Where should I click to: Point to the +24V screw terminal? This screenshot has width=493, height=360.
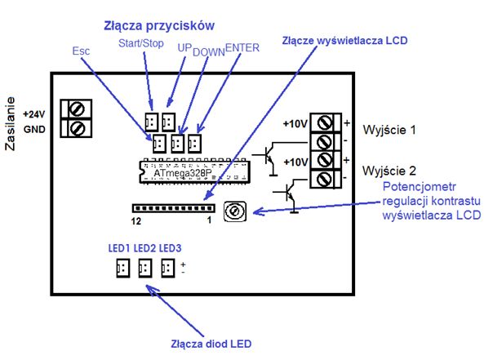click(79, 110)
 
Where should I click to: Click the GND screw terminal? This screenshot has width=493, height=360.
click(79, 128)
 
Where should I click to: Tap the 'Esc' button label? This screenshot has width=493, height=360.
click(81, 50)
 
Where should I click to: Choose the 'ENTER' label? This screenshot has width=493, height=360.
click(242, 48)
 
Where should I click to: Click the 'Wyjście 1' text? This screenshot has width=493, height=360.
click(389, 131)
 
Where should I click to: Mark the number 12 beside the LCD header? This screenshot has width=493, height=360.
click(136, 221)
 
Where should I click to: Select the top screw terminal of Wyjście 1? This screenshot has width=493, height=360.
click(325, 124)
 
